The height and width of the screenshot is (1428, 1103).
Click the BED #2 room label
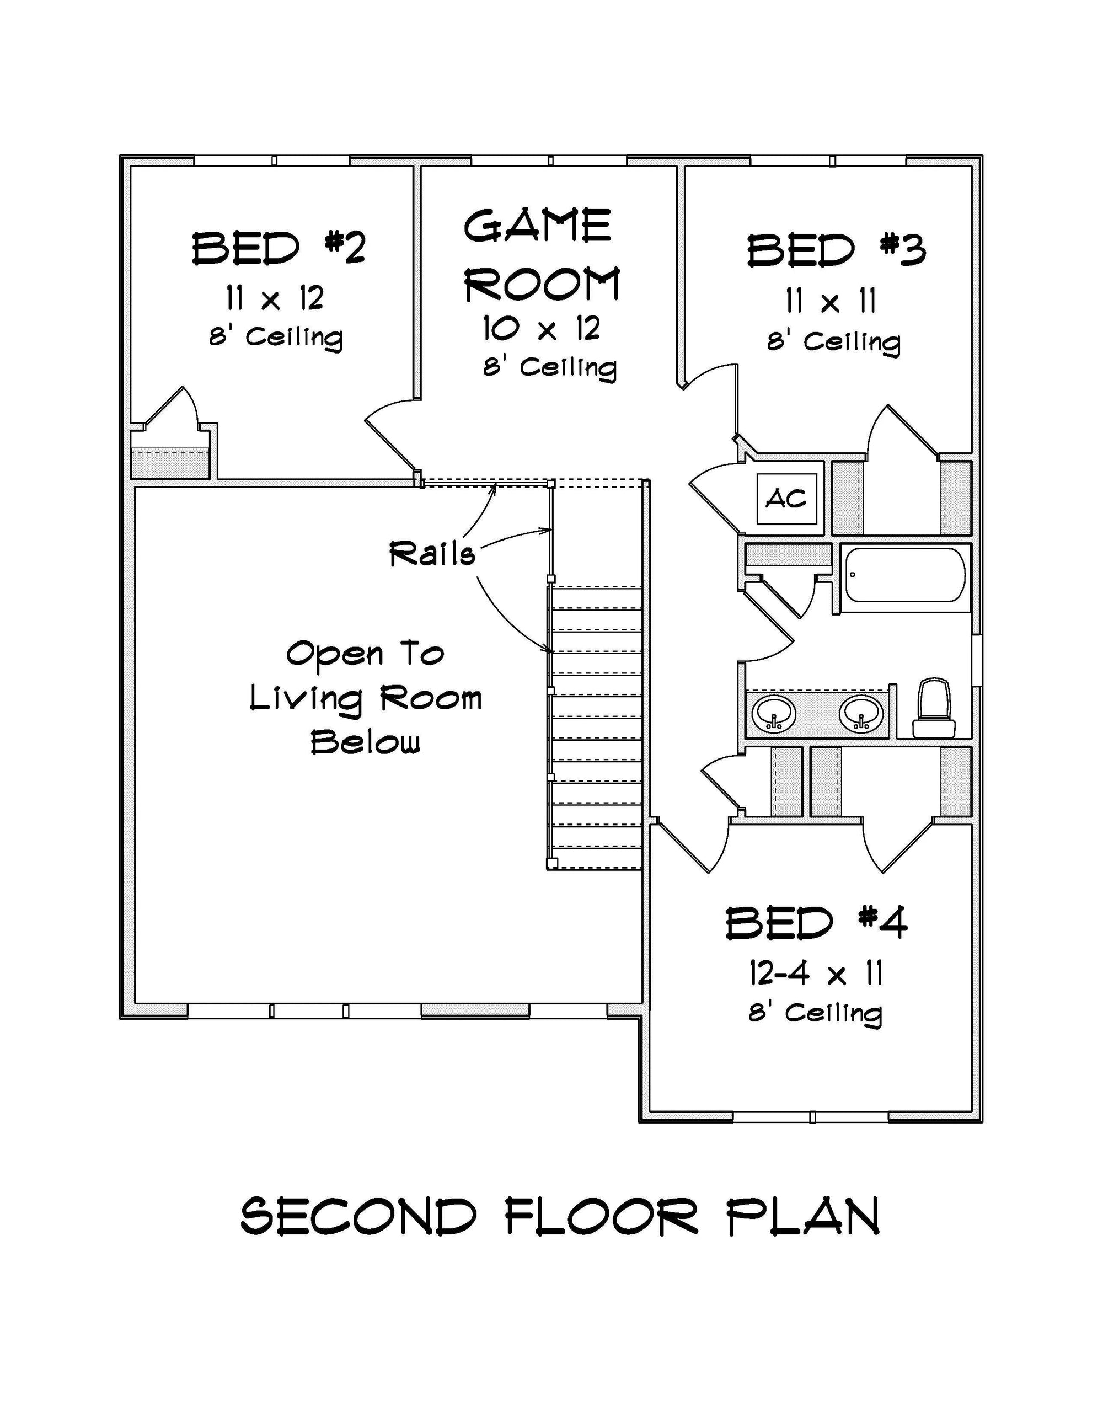[279, 248]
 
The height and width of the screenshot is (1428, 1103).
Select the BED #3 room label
[836, 250]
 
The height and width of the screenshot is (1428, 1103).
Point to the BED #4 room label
[817, 923]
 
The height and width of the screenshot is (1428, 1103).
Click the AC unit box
[786, 499]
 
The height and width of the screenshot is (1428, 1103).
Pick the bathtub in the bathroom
[905, 575]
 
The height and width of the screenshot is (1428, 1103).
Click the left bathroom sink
[773, 713]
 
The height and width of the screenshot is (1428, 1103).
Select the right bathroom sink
[862, 713]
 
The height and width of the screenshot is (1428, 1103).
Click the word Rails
[432, 554]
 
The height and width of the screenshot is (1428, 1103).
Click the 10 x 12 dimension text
[542, 328]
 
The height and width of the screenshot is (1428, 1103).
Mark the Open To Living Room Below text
[366, 698]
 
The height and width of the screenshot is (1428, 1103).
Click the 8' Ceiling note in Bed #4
[815, 1013]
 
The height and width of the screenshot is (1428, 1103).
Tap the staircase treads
[596, 727]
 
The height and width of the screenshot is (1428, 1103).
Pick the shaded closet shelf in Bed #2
[170, 463]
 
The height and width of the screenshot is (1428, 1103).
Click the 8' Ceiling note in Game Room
[550, 367]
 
